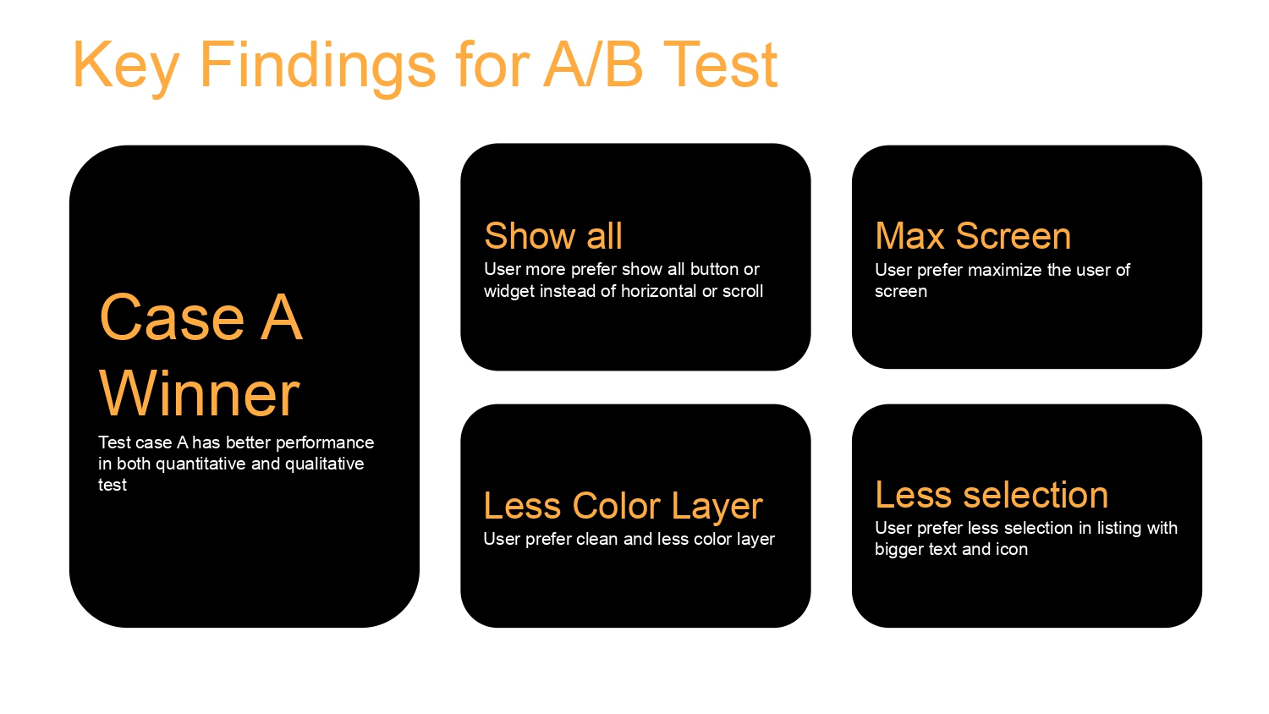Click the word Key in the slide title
[126, 66]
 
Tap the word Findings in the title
[318, 66]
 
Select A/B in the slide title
[594, 64]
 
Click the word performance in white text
[325, 443]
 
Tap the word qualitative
[324, 464]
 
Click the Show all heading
[553, 236]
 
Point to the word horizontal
[659, 291]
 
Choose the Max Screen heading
[973, 236]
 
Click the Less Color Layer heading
[623, 505]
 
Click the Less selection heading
[991, 495]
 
